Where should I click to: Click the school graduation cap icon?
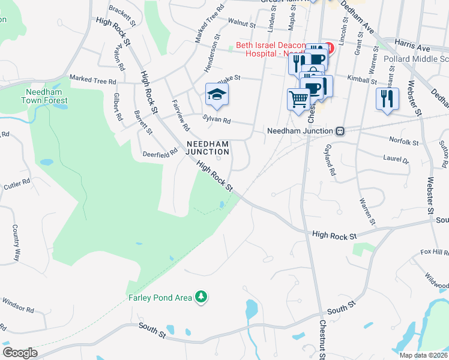[217, 94]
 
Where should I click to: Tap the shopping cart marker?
[298, 98]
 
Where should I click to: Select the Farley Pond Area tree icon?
[202, 297]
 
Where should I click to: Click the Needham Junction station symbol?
[340, 131]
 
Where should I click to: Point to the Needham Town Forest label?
[46, 96]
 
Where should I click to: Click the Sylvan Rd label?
[217, 120]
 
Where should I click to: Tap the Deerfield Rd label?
[160, 153]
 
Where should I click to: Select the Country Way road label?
[16, 242]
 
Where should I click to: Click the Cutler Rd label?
[17, 184]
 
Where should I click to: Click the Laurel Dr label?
[396, 160]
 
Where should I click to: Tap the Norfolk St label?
[403, 142]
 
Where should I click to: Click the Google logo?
[20, 353]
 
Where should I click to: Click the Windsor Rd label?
[17, 304]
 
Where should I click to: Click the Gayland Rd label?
[330, 159]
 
